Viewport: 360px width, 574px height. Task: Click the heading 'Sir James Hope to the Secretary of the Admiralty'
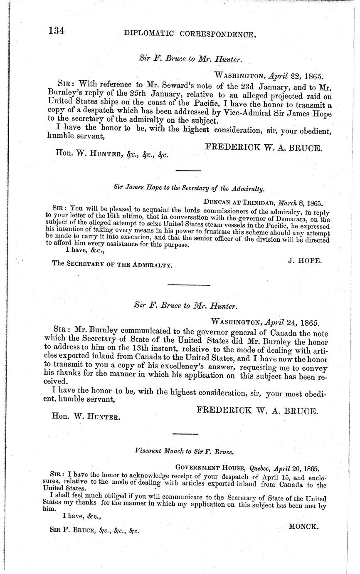(189, 188)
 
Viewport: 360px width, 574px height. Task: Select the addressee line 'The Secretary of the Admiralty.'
(112, 265)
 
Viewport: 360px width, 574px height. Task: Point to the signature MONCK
(303, 526)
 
